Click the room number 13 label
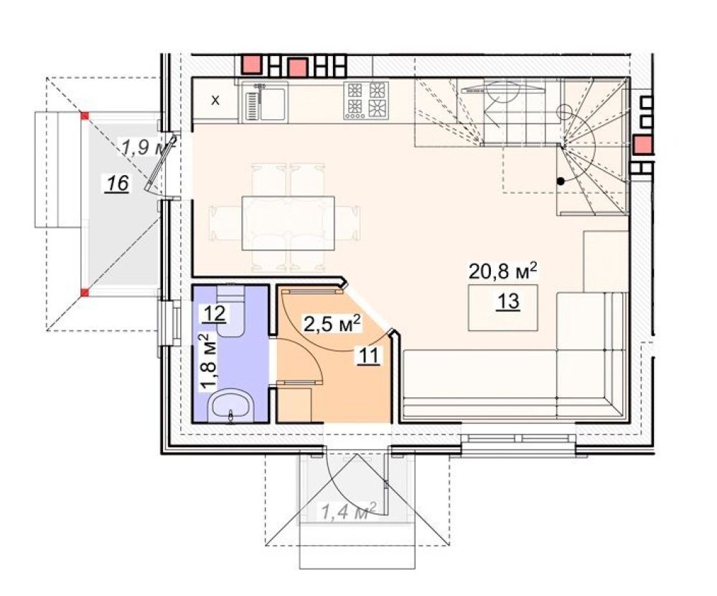(508, 302)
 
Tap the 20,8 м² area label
(502, 271)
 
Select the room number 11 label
(369, 355)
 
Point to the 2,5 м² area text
(332, 324)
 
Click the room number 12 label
(215, 314)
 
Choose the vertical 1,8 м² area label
(207, 362)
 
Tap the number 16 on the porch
(117, 184)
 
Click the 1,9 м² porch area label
(148, 146)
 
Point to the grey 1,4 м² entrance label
(349, 511)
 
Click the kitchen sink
(265, 103)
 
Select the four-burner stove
(366, 101)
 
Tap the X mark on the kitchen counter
(215, 101)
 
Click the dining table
(288, 223)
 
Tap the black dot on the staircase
(561, 182)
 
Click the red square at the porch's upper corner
(85, 116)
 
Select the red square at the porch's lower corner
(85, 292)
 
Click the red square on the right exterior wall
(642, 144)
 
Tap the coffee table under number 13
(502, 307)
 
